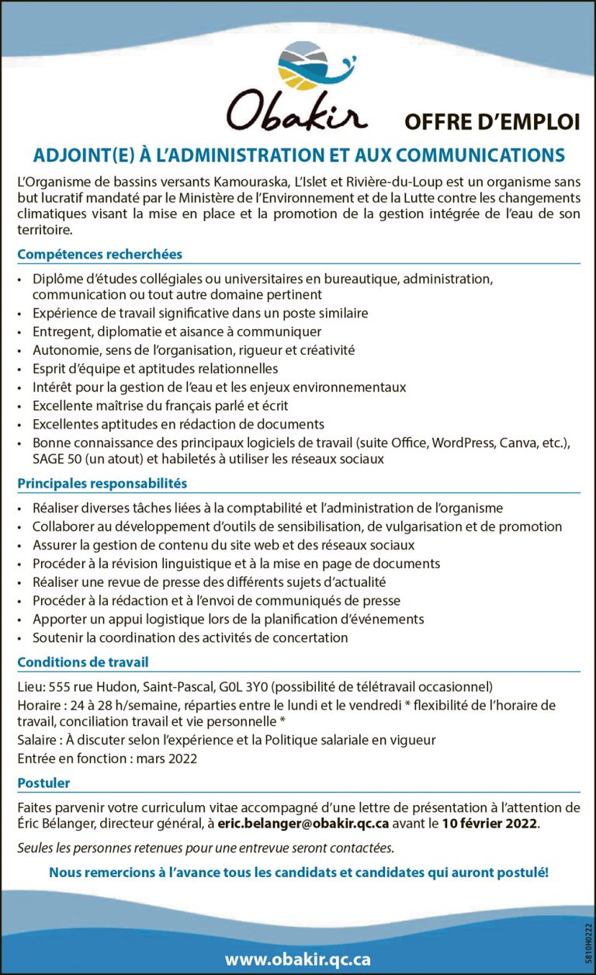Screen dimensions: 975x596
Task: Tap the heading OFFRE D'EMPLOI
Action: tap(492, 122)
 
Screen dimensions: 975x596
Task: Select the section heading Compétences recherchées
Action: tap(99, 254)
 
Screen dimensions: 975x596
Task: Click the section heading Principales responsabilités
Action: tap(102, 483)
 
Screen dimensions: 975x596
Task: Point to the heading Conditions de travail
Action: tap(82, 662)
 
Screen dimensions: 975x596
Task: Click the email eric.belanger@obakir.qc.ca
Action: tap(303, 823)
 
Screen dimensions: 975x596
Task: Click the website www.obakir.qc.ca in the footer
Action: tap(298, 959)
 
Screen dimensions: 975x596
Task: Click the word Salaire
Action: tap(39, 740)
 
